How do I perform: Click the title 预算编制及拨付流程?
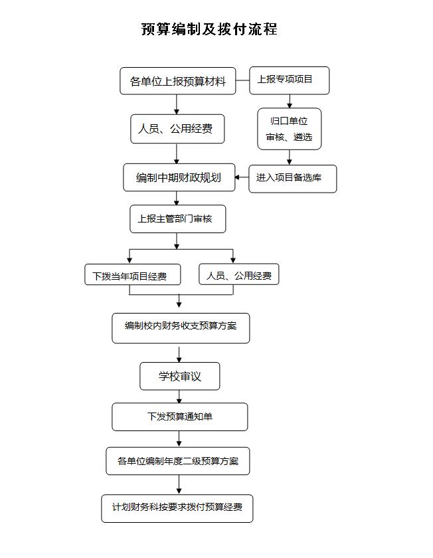point(209,29)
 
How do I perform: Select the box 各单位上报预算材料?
point(178,81)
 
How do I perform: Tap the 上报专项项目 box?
point(290,80)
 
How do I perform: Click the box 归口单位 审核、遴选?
point(290,129)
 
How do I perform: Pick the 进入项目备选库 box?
point(292,179)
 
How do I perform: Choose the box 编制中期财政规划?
point(179,177)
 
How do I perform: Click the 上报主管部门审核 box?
point(177,219)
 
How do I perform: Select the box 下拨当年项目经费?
point(133,274)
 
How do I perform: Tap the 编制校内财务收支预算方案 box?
point(181,328)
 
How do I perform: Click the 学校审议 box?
point(180,376)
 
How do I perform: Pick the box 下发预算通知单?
point(180,417)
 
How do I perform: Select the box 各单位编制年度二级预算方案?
point(178,461)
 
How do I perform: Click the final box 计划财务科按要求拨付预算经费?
point(177,509)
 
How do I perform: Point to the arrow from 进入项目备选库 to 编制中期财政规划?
point(242,177)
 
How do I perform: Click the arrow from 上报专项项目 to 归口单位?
point(290,102)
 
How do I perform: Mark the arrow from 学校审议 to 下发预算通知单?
point(179,397)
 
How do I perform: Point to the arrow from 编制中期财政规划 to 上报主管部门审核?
point(177,198)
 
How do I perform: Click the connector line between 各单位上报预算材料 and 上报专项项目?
point(242,80)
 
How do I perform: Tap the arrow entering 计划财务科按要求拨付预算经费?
point(179,485)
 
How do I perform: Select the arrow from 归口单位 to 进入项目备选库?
point(290,157)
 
